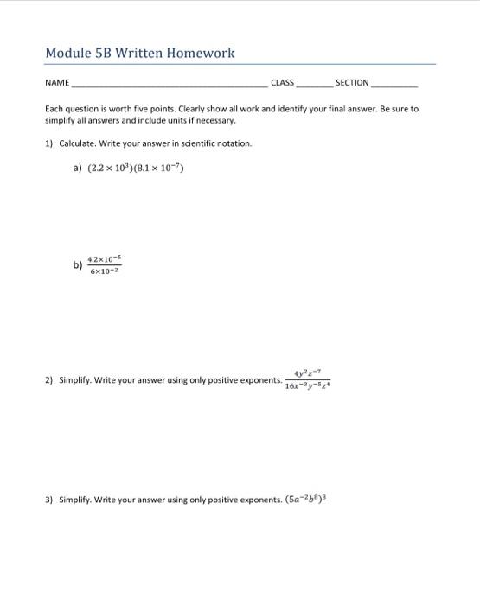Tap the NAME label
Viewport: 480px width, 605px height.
57,83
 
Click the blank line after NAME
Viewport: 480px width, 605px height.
169,86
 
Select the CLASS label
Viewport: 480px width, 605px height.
282,83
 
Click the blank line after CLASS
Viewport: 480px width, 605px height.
313,86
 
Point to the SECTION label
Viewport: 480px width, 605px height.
352,83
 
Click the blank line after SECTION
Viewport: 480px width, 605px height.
394,86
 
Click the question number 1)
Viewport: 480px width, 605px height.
49,143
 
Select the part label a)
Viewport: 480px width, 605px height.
78,169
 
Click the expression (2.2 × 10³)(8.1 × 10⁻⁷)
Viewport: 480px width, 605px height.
137,169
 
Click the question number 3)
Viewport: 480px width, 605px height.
49,500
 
